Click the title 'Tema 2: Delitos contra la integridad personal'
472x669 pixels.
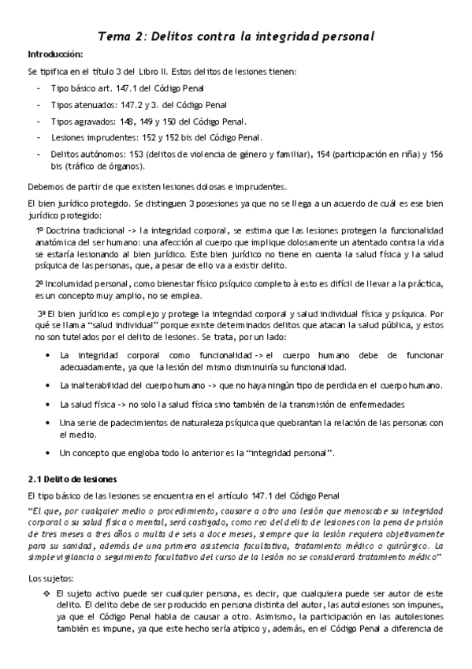(236, 36)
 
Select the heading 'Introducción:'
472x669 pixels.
(55, 54)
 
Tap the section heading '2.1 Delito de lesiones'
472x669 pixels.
(72, 479)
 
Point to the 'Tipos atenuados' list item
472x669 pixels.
(83, 106)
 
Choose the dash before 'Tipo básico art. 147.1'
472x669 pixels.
(39, 89)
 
